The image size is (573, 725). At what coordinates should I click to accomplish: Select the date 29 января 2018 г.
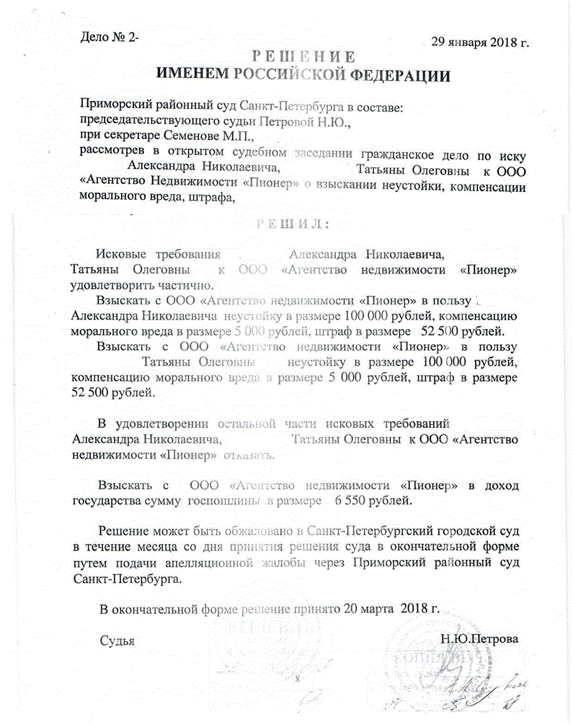480,41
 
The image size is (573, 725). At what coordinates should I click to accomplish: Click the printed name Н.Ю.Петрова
479,639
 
